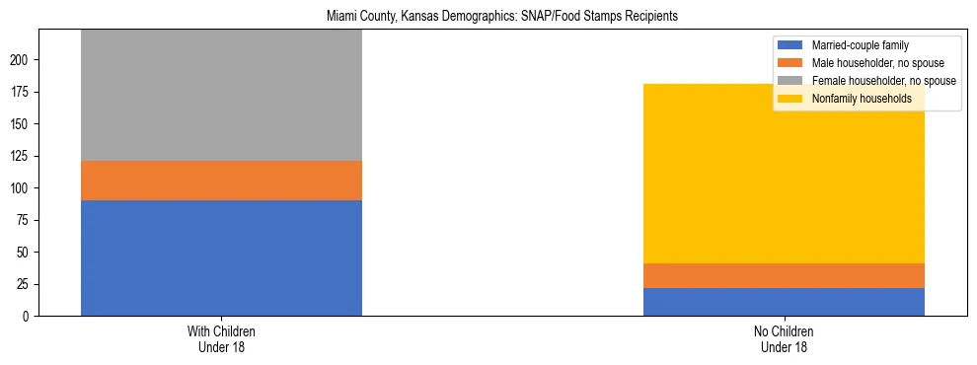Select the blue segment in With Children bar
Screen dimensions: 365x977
click(x=221, y=257)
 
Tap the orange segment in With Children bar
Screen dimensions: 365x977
click(x=221, y=181)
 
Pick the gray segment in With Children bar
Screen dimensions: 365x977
click(x=221, y=95)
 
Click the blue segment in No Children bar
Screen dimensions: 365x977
click(x=784, y=302)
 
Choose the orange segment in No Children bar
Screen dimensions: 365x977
click(x=784, y=275)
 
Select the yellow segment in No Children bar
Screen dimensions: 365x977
click(x=784, y=174)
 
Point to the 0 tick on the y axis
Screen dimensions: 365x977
click(x=29, y=317)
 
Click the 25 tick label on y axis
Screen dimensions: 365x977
click(x=26, y=284)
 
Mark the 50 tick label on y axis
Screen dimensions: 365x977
click(x=26, y=253)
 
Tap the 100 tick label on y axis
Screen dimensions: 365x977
click(x=23, y=188)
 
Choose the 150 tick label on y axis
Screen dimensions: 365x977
click(x=23, y=124)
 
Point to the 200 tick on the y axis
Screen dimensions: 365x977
click(x=23, y=60)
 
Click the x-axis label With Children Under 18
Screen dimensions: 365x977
click(x=221, y=339)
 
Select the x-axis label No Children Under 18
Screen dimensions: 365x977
click(x=784, y=339)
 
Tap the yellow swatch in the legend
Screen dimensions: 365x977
click(x=790, y=99)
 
